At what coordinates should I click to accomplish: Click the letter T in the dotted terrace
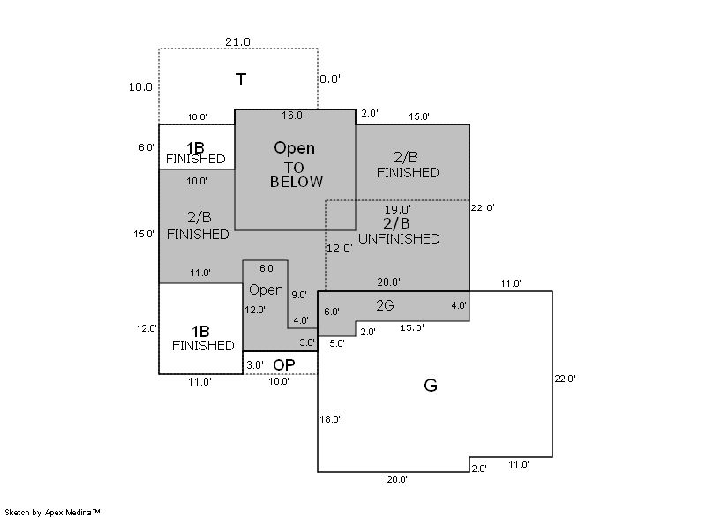(240, 79)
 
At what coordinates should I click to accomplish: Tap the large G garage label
(431, 385)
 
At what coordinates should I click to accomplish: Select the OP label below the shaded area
(283, 364)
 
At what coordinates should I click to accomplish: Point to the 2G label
(385, 305)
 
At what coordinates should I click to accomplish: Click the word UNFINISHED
(399, 238)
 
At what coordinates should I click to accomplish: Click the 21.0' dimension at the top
(239, 41)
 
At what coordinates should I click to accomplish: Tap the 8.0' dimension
(330, 79)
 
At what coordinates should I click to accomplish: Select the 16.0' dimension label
(293, 116)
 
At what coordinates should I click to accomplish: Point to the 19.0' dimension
(398, 210)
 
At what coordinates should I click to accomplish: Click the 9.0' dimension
(298, 295)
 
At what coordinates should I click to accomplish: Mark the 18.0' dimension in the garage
(329, 420)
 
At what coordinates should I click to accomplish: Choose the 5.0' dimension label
(337, 343)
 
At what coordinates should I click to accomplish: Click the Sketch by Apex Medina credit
(52, 511)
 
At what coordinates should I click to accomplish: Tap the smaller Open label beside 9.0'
(266, 289)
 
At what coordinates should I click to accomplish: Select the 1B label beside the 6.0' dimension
(195, 146)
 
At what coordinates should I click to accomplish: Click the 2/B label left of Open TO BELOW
(199, 216)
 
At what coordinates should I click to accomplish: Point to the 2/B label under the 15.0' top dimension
(406, 156)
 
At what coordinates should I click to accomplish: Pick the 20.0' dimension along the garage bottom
(396, 479)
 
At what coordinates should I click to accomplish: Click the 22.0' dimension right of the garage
(564, 379)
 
